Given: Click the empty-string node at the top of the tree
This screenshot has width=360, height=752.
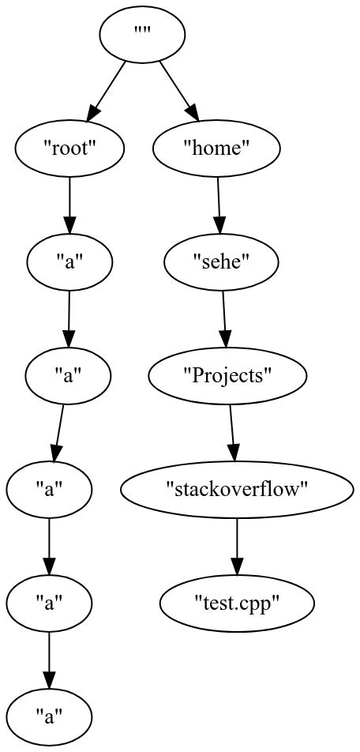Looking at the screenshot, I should (143, 35).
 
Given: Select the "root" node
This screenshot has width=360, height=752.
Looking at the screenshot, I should (70, 149).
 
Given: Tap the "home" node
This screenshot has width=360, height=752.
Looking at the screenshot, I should (216, 149).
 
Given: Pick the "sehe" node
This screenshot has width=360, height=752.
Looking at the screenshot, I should (222, 262).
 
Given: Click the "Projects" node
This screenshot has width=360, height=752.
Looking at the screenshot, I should (227, 376).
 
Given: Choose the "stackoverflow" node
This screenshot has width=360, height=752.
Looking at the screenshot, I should (237, 490).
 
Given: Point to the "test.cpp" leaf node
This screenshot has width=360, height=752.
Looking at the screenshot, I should (237, 603).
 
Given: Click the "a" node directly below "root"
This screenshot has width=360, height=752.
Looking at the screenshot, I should (69, 262).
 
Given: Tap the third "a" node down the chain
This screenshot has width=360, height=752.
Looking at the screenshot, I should (49, 490).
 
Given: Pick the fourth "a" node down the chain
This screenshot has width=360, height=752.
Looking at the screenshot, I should (49, 603).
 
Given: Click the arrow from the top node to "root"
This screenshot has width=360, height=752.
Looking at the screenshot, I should (109, 88).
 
